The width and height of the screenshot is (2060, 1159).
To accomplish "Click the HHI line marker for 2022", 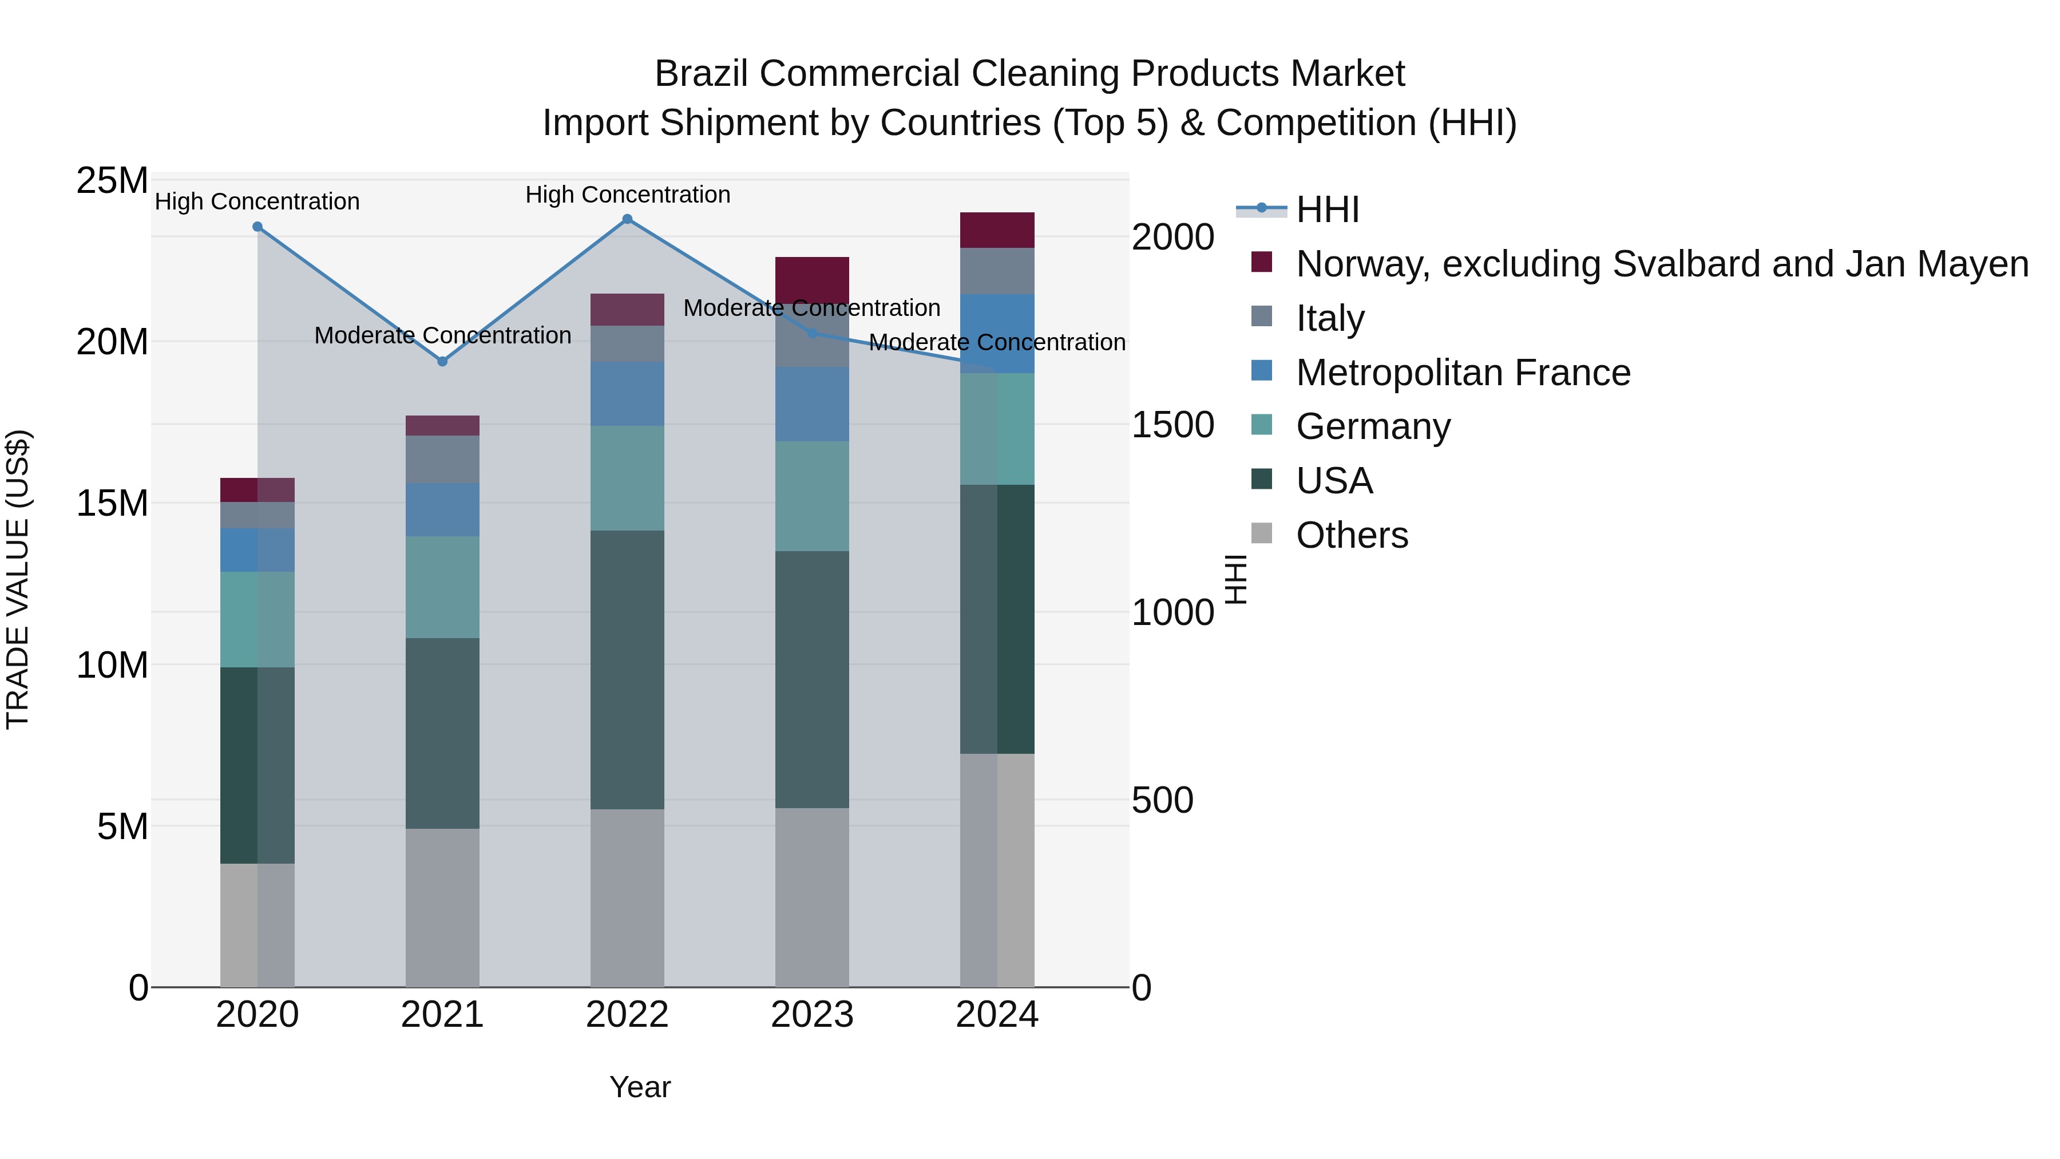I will click(627, 219).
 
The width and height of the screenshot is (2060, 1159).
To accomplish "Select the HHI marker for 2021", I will click(442, 362).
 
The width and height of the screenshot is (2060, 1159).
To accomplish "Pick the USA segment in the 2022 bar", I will click(627, 670).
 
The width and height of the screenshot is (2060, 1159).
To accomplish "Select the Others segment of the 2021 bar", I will click(442, 907).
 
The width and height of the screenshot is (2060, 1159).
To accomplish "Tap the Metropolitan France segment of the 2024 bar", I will click(997, 334).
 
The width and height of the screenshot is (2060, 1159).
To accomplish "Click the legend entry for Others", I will click(1352, 535).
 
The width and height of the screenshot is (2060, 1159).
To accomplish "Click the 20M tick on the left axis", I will click(112, 342).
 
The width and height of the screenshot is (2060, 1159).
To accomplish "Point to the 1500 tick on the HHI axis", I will click(1172, 425).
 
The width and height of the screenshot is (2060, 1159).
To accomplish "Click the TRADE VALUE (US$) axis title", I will click(18, 579).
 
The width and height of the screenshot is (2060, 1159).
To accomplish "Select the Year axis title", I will click(640, 1087).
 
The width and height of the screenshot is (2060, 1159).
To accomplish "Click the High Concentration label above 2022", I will click(628, 195).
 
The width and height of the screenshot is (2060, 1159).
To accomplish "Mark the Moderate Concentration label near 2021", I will click(442, 335).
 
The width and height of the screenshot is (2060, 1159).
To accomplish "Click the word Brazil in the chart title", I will click(702, 74).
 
